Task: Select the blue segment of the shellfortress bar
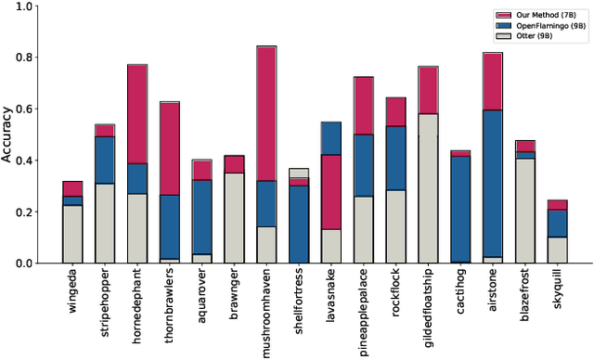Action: pyautogui.click(x=299, y=224)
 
